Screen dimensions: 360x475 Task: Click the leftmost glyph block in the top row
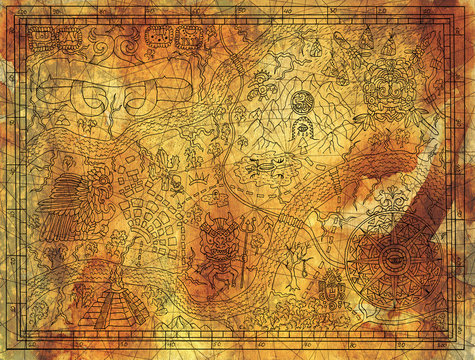(x=43, y=39)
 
